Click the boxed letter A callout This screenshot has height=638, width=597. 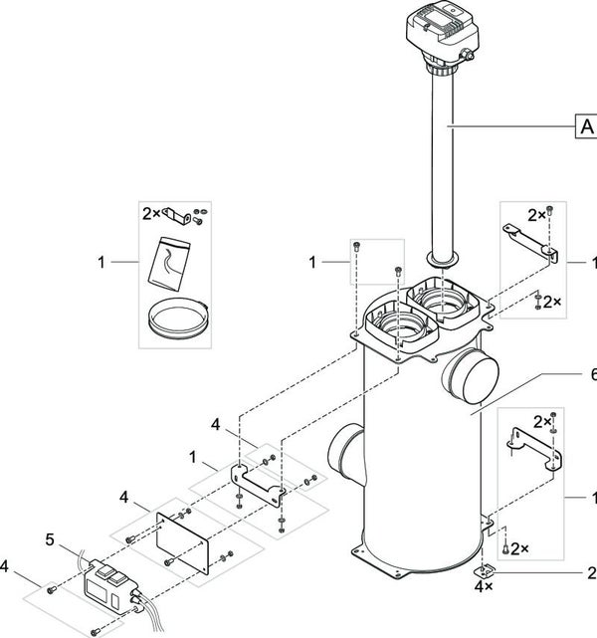coord(586,126)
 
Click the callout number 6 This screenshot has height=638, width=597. coord(593,375)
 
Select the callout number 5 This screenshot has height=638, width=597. coord(50,539)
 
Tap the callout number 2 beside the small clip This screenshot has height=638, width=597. coord(592,573)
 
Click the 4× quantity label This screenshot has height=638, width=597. coord(484,586)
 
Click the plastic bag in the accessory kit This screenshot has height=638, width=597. coord(169,264)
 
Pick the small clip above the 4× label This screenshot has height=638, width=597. coord(485,571)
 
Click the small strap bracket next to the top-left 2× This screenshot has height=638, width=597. coord(176,215)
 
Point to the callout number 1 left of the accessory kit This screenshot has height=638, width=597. coord(101,263)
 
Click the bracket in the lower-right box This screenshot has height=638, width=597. coord(533,451)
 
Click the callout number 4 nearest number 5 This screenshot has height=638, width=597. coord(4,566)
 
